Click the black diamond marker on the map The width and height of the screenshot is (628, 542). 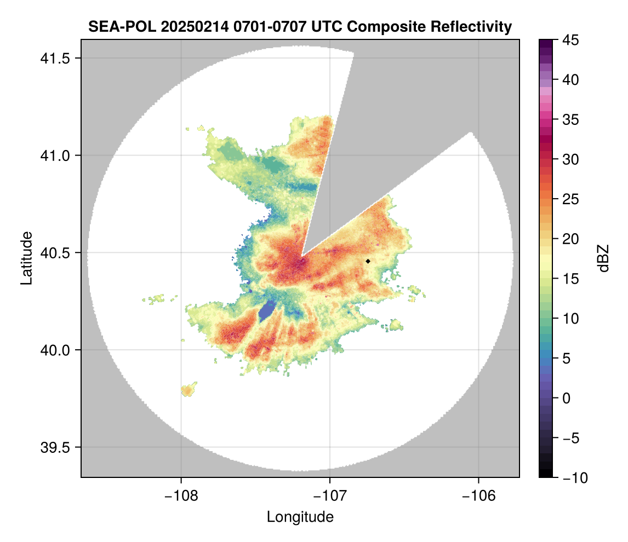(368, 261)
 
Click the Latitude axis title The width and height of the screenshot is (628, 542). (26, 257)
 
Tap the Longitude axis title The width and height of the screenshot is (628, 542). (300, 517)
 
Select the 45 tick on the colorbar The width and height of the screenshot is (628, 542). (570, 40)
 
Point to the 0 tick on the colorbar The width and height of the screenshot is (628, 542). (567, 398)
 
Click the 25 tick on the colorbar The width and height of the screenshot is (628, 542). (570, 199)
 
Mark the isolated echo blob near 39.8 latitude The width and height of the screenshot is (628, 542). (188, 390)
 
